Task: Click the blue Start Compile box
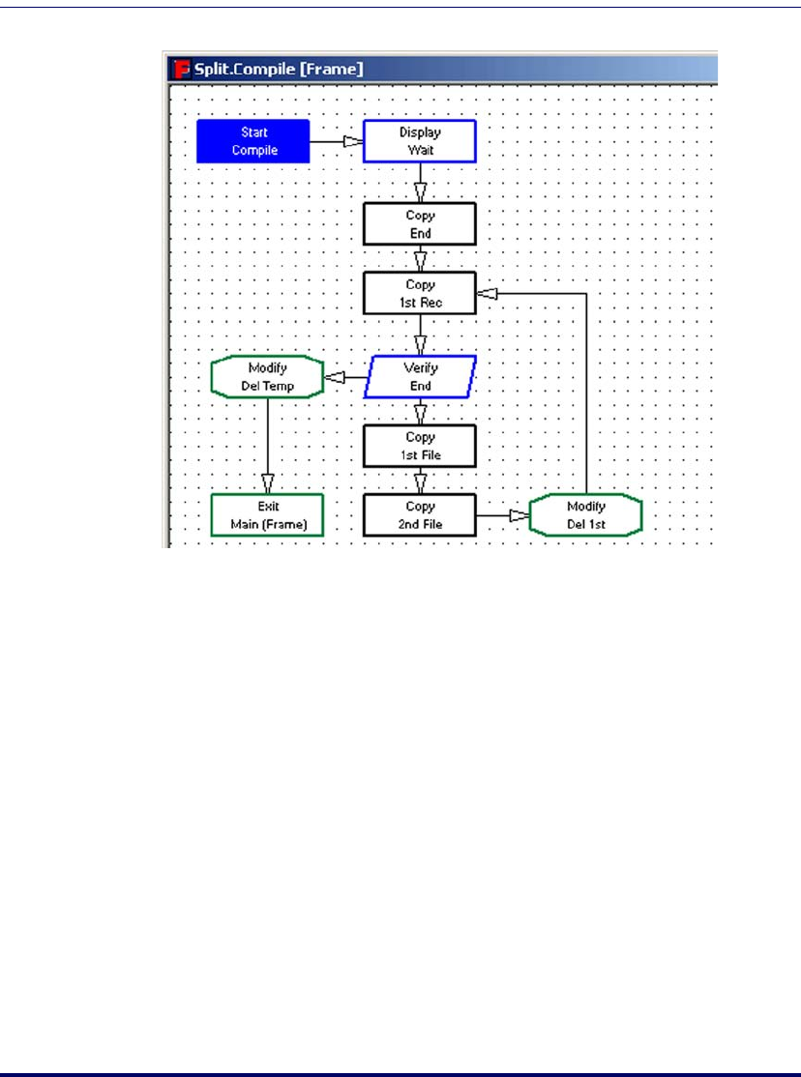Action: click(x=253, y=141)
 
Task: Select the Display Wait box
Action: click(x=420, y=141)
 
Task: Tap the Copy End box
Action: click(x=420, y=223)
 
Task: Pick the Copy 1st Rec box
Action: click(x=420, y=293)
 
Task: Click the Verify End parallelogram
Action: click(x=420, y=377)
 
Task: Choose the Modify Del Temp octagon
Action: click(x=267, y=377)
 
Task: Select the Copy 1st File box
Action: click(x=420, y=446)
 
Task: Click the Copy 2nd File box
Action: click(x=420, y=515)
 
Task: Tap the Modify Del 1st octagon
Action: click(x=585, y=515)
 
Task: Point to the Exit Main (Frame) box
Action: click(x=267, y=515)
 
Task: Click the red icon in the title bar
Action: click(x=179, y=69)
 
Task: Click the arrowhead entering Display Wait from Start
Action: click(x=353, y=142)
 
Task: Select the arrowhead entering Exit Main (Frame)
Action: click(x=267, y=484)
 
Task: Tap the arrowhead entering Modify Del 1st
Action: click(x=519, y=516)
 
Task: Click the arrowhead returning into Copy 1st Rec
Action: click(x=488, y=292)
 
